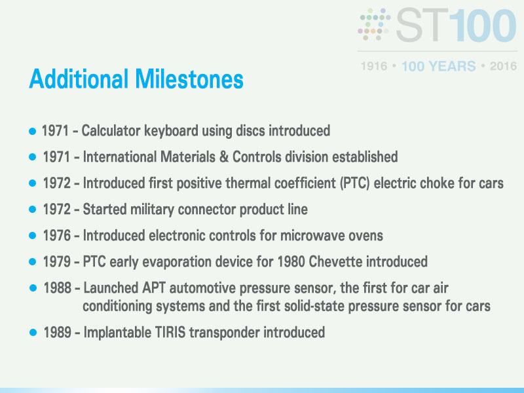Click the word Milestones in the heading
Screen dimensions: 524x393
(189, 79)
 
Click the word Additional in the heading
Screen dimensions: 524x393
(79, 79)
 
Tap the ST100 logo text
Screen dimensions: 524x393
(456, 26)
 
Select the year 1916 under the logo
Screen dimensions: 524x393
(374, 66)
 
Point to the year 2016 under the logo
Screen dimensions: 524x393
(503, 66)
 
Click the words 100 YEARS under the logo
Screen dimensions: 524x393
(438, 66)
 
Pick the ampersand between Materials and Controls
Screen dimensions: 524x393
(224, 157)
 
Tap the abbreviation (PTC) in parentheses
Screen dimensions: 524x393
(354, 183)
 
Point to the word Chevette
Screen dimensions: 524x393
(335, 261)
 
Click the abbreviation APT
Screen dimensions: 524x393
(154, 288)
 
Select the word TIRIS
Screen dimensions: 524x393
(170, 332)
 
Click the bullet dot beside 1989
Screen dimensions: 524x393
(33, 333)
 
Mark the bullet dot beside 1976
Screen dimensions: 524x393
(32, 236)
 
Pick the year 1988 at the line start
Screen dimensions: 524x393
(58, 288)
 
